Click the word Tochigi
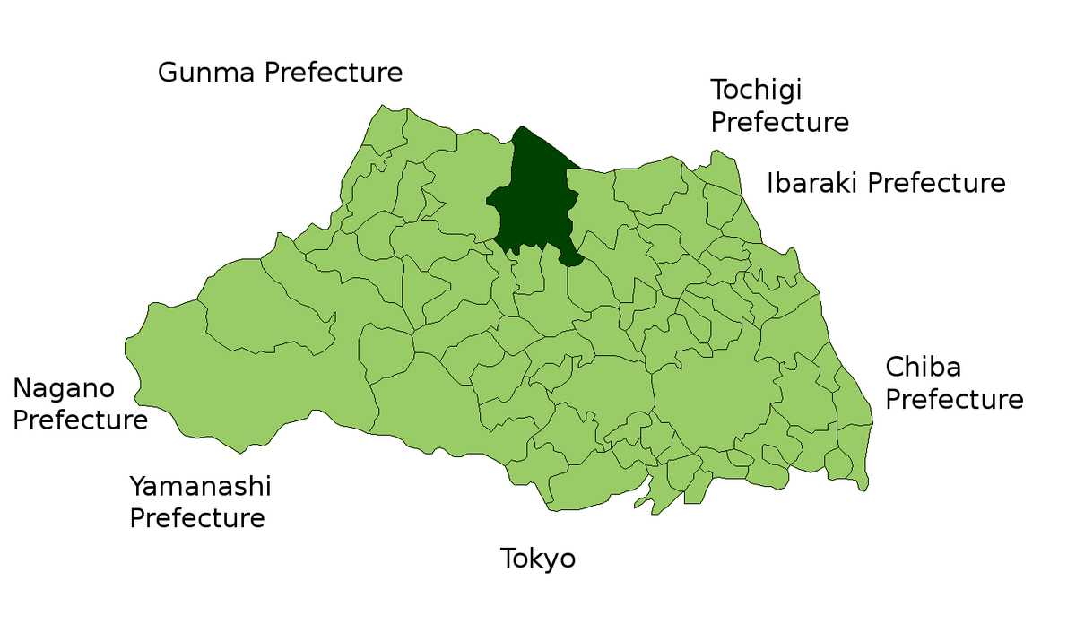tap(756, 91)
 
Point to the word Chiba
tap(923, 368)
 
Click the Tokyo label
tap(538, 559)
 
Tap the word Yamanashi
tap(200, 488)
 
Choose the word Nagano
tap(64, 389)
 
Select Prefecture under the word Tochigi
tap(779, 122)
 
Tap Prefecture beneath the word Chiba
tap(954, 399)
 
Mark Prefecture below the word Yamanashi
tap(197, 518)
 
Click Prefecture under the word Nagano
tap(80, 420)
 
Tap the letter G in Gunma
tap(168, 73)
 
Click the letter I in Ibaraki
tap(770, 184)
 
